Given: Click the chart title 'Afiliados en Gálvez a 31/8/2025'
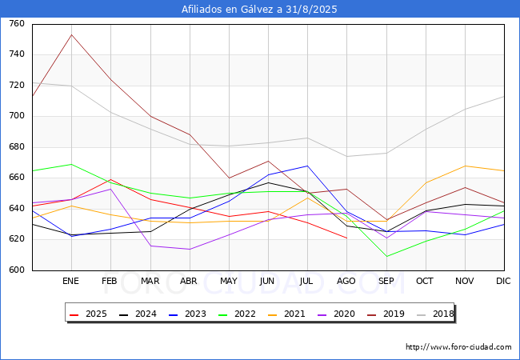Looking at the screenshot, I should pyautogui.click(x=260, y=10).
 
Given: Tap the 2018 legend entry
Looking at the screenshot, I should pyautogui.click(x=434, y=314).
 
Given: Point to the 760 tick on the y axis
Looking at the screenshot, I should pyautogui.click(x=16, y=24).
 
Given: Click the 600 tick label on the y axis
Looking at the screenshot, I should pyautogui.click(x=16, y=270).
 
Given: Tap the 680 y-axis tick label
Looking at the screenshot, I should pyautogui.click(x=16, y=147).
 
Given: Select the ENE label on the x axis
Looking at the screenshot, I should pyautogui.click(x=70, y=282).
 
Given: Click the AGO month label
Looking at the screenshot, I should pyautogui.click(x=346, y=282).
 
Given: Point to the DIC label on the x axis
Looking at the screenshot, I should pyautogui.click(x=503, y=282).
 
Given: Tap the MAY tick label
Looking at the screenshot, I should pyautogui.click(x=228, y=282).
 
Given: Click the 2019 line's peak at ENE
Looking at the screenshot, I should pyautogui.click(x=71, y=34).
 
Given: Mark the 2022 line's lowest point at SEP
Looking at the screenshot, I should pyautogui.click(x=386, y=256).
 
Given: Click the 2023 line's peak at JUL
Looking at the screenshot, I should pyautogui.click(x=307, y=166).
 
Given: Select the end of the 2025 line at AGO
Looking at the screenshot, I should pyautogui.click(x=346, y=238).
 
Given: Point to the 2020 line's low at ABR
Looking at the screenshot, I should pyautogui.click(x=189, y=249).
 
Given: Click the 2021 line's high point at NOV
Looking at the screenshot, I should pyautogui.click(x=465, y=166).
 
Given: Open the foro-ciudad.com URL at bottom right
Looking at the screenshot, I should pyautogui.click(x=458, y=347).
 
